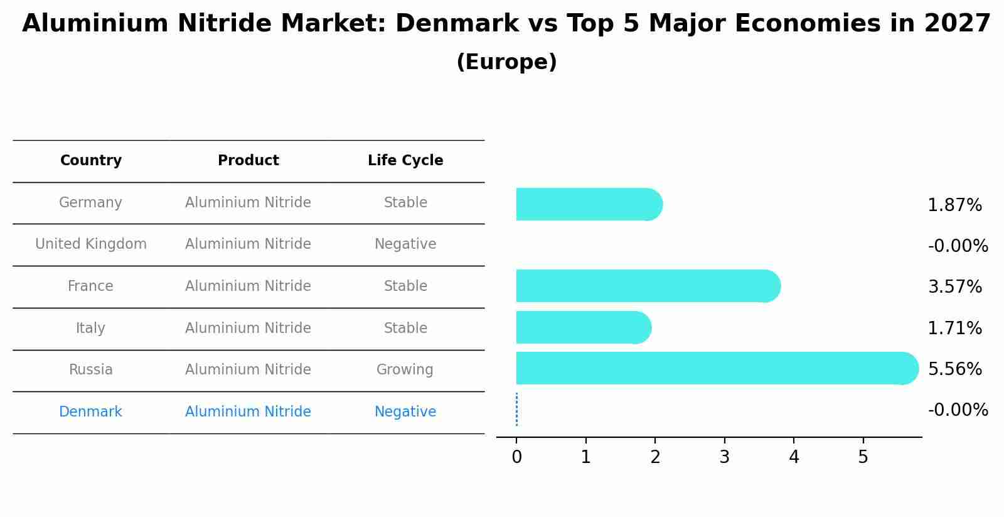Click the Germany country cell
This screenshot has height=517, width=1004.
90,203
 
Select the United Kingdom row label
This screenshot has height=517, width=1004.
90,244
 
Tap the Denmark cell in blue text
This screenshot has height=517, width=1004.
90,412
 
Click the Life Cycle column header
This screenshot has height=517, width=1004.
405,161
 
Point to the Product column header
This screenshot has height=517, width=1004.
248,161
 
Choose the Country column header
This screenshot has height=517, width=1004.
90,161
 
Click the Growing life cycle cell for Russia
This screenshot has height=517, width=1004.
405,370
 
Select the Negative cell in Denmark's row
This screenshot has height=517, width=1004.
405,412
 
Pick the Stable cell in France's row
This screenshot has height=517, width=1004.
405,286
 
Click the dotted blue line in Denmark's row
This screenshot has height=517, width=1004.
516,410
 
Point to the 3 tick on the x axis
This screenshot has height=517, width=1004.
724,457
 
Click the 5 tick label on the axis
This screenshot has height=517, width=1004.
863,457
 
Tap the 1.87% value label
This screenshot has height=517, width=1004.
954,205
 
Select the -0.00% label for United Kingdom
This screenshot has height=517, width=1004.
958,246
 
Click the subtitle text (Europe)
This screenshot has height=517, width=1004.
506,62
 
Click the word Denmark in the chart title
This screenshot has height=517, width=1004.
457,24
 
